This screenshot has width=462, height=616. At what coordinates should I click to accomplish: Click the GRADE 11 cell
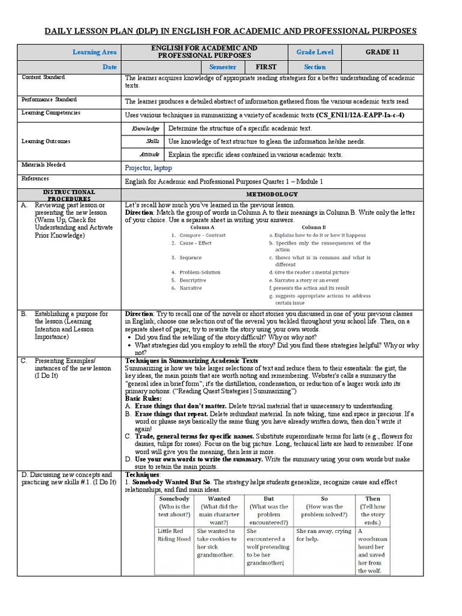click(x=382, y=52)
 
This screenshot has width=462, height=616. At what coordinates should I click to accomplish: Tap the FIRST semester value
click(x=266, y=67)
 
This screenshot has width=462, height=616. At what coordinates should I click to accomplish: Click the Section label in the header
click(x=315, y=67)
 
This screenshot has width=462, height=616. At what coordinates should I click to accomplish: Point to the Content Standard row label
click(x=43, y=78)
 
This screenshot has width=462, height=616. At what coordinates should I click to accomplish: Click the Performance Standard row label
click(x=49, y=100)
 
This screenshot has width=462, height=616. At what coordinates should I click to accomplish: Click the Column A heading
click(x=202, y=227)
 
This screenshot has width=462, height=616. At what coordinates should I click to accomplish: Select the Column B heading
click(x=313, y=227)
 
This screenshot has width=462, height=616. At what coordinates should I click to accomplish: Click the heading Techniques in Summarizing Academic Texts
click(x=191, y=361)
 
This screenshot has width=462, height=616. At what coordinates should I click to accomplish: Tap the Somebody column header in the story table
click(x=174, y=499)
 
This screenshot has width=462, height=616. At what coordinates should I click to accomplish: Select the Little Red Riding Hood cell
click(x=174, y=535)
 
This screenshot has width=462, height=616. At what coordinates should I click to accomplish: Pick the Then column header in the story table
click(x=372, y=499)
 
